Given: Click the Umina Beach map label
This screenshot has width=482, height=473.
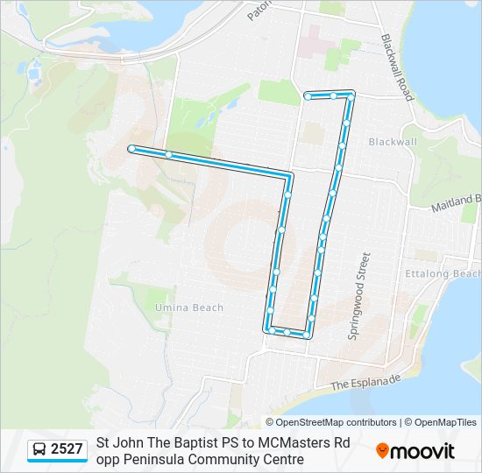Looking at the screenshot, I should pyautogui.click(x=189, y=307).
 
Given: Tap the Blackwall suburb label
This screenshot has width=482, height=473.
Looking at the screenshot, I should pyautogui.click(x=393, y=141).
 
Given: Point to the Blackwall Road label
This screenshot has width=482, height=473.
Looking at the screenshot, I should pyautogui.click(x=397, y=67).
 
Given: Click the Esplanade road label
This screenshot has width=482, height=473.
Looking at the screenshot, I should pyautogui.click(x=365, y=382).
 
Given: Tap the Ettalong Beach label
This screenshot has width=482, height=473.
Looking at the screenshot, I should pyautogui.click(x=454, y=273).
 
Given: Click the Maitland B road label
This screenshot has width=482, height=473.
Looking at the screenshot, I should pyautogui.click(x=456, y=204).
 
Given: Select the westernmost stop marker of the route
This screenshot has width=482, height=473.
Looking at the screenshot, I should pyautogui.click(x=131, y=149).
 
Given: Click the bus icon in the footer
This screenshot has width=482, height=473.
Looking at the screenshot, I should pyautogui.click(x=39, y=450).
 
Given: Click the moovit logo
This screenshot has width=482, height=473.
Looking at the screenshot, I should pyautogui.click(x=415, y=451).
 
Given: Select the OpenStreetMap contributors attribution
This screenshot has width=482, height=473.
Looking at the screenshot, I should pyautogui.click(x=337, y=422).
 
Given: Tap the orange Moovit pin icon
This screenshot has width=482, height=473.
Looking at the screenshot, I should pyautogui.click(x=382, y=451).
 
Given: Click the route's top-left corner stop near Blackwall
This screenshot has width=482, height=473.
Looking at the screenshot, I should pyautogui.click(x=308, y=95).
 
